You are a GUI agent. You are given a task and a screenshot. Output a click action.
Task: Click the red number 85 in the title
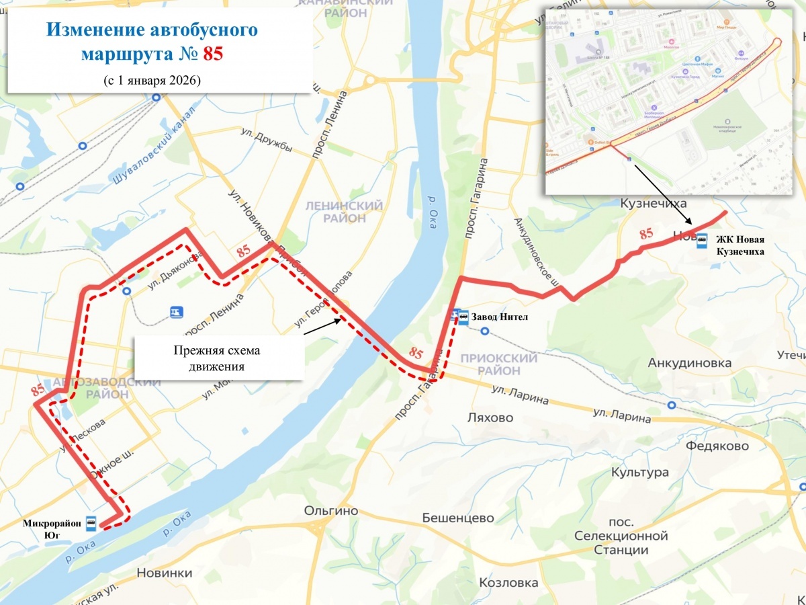point(213,54)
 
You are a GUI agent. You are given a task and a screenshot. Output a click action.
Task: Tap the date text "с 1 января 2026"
point(152,79)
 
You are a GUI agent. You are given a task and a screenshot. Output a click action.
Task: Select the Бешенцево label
point(458,518)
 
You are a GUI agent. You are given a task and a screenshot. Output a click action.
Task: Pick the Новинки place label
point(164,573)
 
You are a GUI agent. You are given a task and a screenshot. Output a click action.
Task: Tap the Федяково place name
point(717,446)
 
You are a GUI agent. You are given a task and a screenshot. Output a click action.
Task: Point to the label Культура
point(639,473)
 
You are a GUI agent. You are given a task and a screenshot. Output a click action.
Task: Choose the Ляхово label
point(490,417)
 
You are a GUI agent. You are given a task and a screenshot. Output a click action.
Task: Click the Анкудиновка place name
point(689,363)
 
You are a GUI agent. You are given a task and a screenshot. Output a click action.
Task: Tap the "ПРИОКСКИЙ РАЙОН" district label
point(499,364)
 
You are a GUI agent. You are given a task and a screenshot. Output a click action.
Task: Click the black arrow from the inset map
point(662,194)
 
